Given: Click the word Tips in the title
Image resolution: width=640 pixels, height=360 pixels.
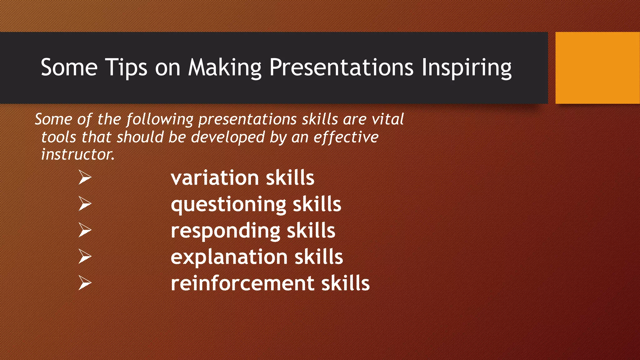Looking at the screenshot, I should (x=126, y=67).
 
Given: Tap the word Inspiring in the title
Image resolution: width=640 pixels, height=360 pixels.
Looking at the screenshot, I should (x=466, y=67).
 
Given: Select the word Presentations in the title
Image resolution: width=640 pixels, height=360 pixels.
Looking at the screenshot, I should (x=341, y=67).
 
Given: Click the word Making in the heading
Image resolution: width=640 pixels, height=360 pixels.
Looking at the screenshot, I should (x=224, y=67).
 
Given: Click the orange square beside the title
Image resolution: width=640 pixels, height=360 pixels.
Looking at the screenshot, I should (x=597, y=67).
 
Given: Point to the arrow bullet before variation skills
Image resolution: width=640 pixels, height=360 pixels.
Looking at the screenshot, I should (x=85, y=177).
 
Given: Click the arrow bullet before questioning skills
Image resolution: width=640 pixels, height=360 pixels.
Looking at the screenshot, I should (x=85, y=203).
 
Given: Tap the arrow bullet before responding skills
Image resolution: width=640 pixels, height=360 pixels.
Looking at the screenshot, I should (x=85, y=230).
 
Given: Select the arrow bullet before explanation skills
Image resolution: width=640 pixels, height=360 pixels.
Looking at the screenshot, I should (x=85, y=256).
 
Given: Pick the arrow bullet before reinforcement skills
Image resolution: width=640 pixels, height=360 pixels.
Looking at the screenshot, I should (x=85, y=283).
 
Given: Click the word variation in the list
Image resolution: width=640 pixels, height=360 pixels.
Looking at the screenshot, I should (x=215, y=178).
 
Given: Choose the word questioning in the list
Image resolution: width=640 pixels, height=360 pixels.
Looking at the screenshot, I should (x=228, y=205).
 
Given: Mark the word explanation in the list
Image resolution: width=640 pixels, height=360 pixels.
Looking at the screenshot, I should (x=229, y=257).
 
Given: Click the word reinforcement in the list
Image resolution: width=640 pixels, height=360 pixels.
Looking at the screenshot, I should (x=242, y=283).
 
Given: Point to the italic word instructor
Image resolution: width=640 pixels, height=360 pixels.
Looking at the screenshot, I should (x=77, y=154).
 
